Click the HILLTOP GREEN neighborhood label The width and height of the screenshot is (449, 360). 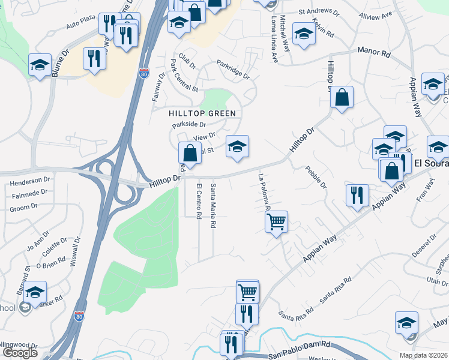click(202, 113)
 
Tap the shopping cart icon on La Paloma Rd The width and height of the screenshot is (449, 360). click(276, 222)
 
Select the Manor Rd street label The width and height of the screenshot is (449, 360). click(375, 54)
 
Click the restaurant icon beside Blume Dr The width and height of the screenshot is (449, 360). click(94, 59)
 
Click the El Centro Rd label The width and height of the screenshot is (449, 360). click(199, 201)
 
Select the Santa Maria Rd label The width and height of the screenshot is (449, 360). click(213, 206)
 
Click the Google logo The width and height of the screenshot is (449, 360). click(20, 352)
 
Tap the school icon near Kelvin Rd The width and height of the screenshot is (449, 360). click(304, 34)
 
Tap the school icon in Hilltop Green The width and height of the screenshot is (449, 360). click(237, 147)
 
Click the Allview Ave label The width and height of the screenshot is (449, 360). click(375, 14)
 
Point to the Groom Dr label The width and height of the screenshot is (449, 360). click(24, 208)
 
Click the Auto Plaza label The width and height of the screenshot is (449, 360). click(81, 24)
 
